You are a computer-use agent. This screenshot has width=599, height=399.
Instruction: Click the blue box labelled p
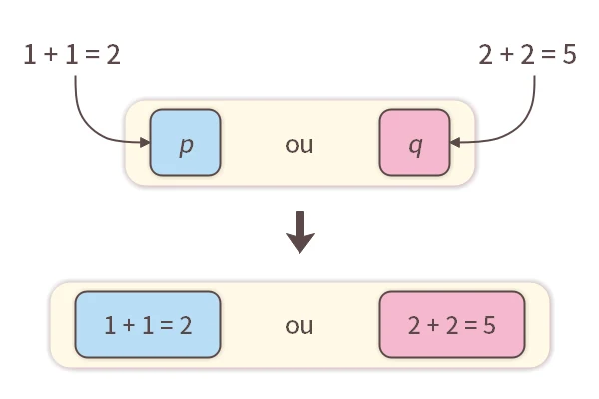(185, 143)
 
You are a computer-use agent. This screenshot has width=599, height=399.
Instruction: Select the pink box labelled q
(415, 143)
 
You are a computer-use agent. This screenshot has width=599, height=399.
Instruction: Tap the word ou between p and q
(299, 144)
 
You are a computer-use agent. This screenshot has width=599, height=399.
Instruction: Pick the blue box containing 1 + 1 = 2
(147, 325)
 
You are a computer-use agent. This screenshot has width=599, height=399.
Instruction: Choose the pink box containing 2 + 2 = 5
(452, 325)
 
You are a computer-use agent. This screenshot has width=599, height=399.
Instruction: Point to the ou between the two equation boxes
(299, 325)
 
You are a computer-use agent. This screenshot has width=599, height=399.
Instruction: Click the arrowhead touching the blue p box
(144, 144)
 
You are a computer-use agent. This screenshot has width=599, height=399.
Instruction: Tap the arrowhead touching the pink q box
(455, 143)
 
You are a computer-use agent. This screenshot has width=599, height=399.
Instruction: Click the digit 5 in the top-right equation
(570, 55)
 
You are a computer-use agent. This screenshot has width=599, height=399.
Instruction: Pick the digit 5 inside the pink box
(490, 325)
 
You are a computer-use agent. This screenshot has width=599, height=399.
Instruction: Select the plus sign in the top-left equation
(49, 55)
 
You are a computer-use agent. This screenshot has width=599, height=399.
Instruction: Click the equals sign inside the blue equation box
(166, 325)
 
